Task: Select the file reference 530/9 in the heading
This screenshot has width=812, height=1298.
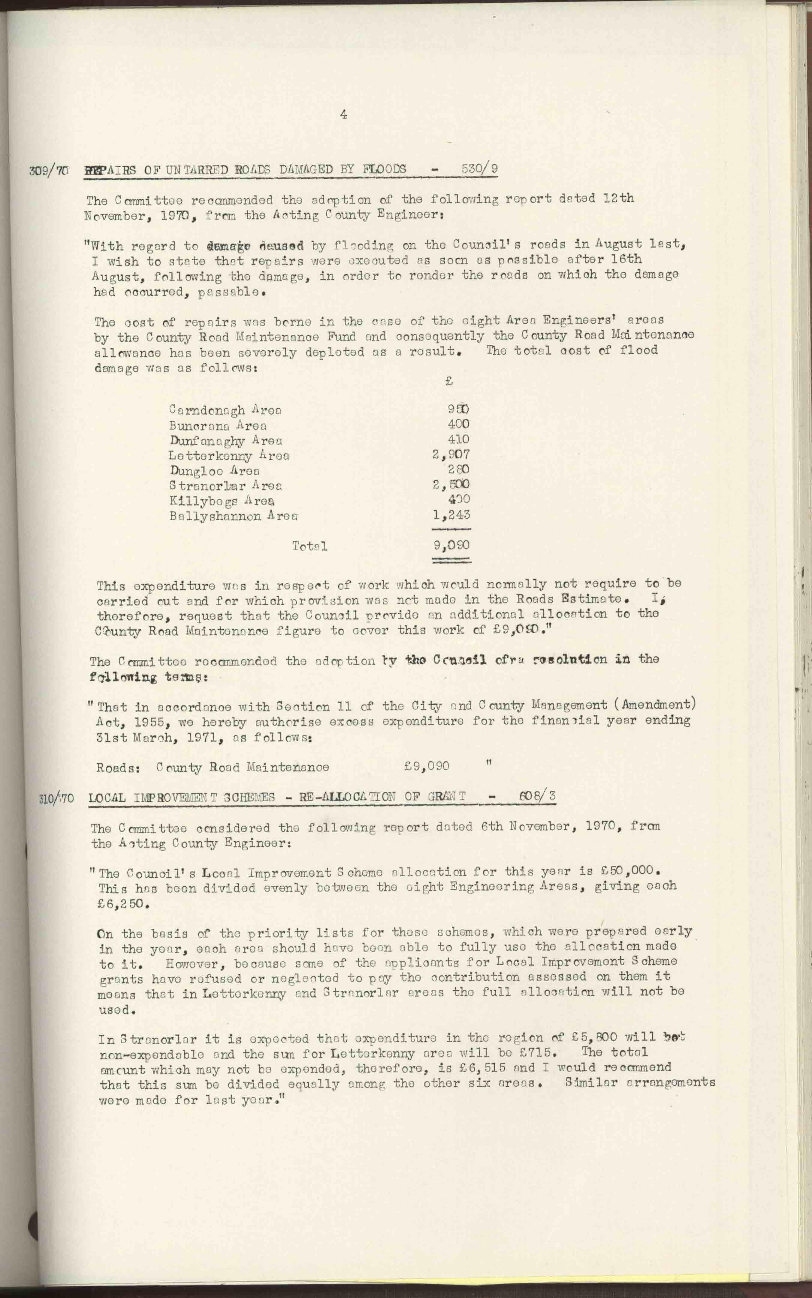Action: (x=480, y=169)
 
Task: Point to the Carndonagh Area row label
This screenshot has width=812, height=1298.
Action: (x=225, y=410)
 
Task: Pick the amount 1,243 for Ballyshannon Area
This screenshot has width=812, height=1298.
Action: (x=452, y=514)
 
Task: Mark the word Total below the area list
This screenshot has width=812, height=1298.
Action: (x=309, y=546)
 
